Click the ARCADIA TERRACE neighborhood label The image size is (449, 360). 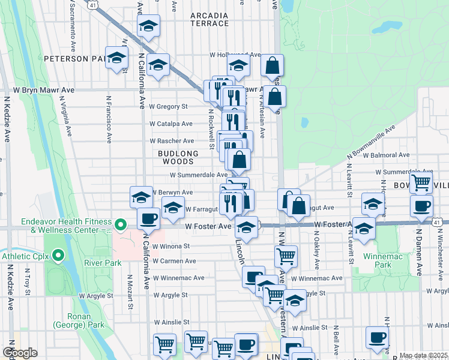209,19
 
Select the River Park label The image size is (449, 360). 103,263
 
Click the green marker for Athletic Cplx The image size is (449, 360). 58,257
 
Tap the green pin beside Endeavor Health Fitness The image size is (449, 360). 120,226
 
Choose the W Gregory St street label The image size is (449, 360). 169,106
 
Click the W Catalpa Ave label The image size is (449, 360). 171,124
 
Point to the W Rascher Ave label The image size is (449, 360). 172,141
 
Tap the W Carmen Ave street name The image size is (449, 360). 174,262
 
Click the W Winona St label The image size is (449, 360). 171,246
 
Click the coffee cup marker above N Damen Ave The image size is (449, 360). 421,207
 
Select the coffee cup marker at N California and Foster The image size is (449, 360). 148,218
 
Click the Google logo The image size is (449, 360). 20,353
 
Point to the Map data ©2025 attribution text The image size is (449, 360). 423,356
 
